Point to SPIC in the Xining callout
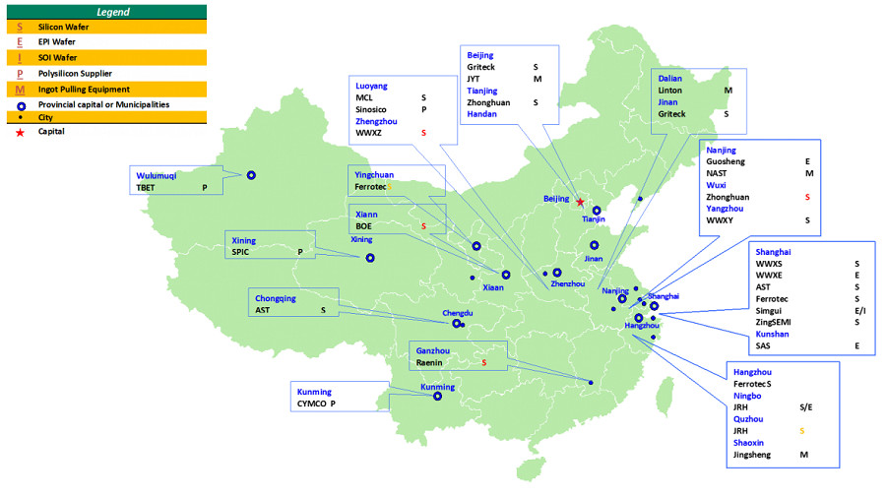(x=241, y=252)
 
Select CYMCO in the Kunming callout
(x=312, y=404)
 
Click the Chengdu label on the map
(x=458, y=314)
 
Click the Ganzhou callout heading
(x=433, y=350)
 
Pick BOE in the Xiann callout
(x=364, y=226)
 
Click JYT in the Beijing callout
(x=475, y=79)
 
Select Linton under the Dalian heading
(x=670, y=90)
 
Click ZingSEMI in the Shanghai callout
(x=774, y=322)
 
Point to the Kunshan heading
(x=773, y=334)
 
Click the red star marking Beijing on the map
(x=580, y=203)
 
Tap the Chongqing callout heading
(x=276, y=297)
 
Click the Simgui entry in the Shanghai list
(x=770, y=310)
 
